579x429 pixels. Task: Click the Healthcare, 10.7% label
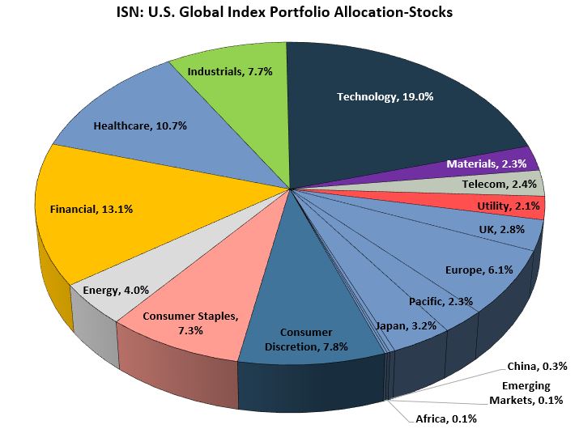pyautogui.click(x=130, y=125)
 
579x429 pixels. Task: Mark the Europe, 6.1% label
pyautogui.click(x=479, y=270)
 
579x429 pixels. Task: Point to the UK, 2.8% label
pyautogui.click(x=502, y=229)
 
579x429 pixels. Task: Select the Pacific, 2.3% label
pyautogui.click(x=441, y=301)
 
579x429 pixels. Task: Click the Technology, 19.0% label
pyautogui.click(x=385, y=96)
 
